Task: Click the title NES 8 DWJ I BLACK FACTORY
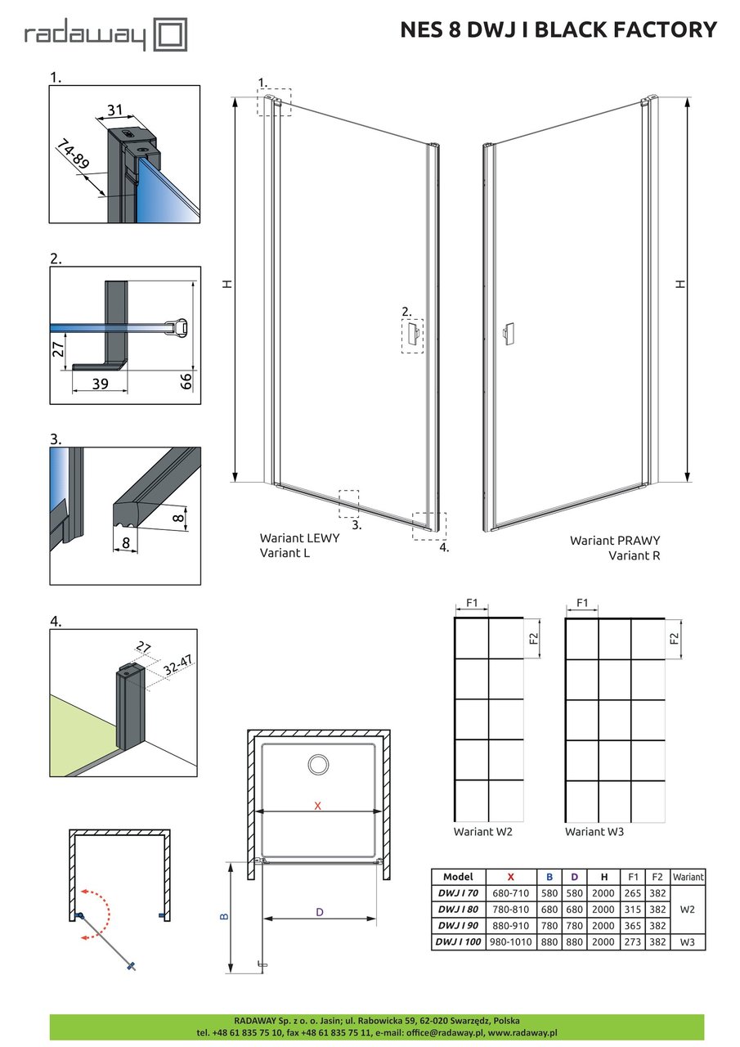pyautogui.click(x=558, y=30)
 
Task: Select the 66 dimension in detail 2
pyautogui.click(x=186, y=380)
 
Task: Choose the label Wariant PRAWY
pyautogui.click(x=615, y=541)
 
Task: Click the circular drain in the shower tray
pyautogui.click(x=318, y=766)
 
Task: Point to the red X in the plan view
pyautogui.click(x=318, y=806)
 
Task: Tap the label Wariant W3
pyautogui.click(x=594, y=831)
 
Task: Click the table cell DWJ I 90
pyautogui.click(x=458, y=926)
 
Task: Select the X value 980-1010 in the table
pyautogui.click(x=510, y=942)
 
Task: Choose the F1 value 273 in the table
pyautogui.click(x=632, y=942)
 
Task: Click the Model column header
pyautogui.click(x=458, y=876)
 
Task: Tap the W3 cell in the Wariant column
pyautogui.click(x=688, y=942)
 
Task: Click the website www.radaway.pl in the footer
pyautogui.click(x=522, y=1033)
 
